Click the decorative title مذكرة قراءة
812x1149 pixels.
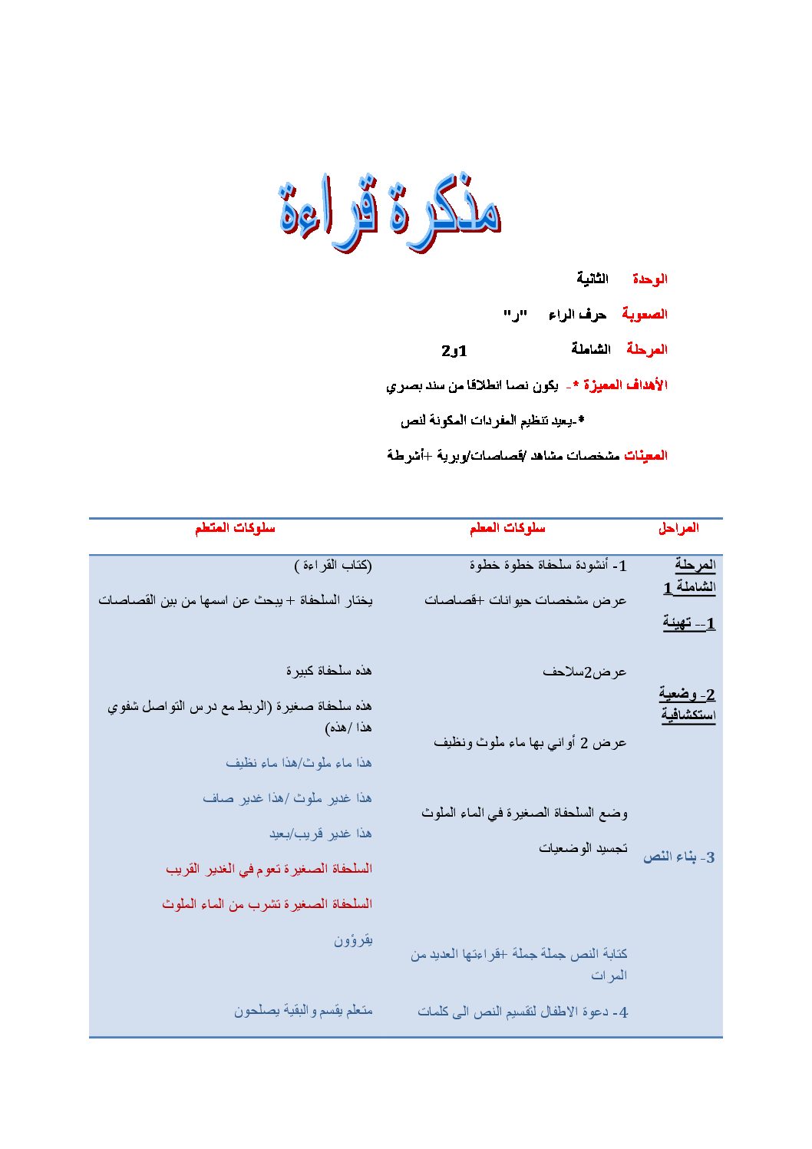pyautogui.click(x=390, y=210)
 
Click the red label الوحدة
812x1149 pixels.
pyautogui.click(x=649, y=279)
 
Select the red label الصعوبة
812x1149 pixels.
pyautogui.click(x=644, y=314)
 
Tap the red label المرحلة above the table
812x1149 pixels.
pyautogui.click(x=646, y=349)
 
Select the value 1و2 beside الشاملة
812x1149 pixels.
pyautogui.click(x=454, y=350)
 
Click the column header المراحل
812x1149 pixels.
pyautogui.click(x=678, y=528)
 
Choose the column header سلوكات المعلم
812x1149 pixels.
pyautogui.click(x=507, y=528)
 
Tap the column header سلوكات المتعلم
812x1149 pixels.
pyautogui.click(x=234, y=528)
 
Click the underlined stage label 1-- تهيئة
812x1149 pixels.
pyautogui.click(x=688, y=622)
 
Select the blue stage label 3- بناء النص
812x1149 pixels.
pyautogui.click(x=678, y=857)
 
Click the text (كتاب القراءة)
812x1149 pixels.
pyautogui.click(x=333, y=566)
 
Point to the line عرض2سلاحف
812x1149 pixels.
pyautogui.click(x=584, y=672)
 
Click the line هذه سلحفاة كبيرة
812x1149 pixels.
pyautogui.click(x=328, y=671)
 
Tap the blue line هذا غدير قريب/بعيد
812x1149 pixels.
pyautogui.click(x=320, y=834)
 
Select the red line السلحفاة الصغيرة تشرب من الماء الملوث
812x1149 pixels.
pyautogui.click(x=267, y=904)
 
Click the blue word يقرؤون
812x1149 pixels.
pyautogui.click(x=353, y=939)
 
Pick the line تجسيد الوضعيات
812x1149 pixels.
pyautogui.click(x=583, y=848)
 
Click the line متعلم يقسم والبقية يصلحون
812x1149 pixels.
pyautogui.click(x=303, y=1011)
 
